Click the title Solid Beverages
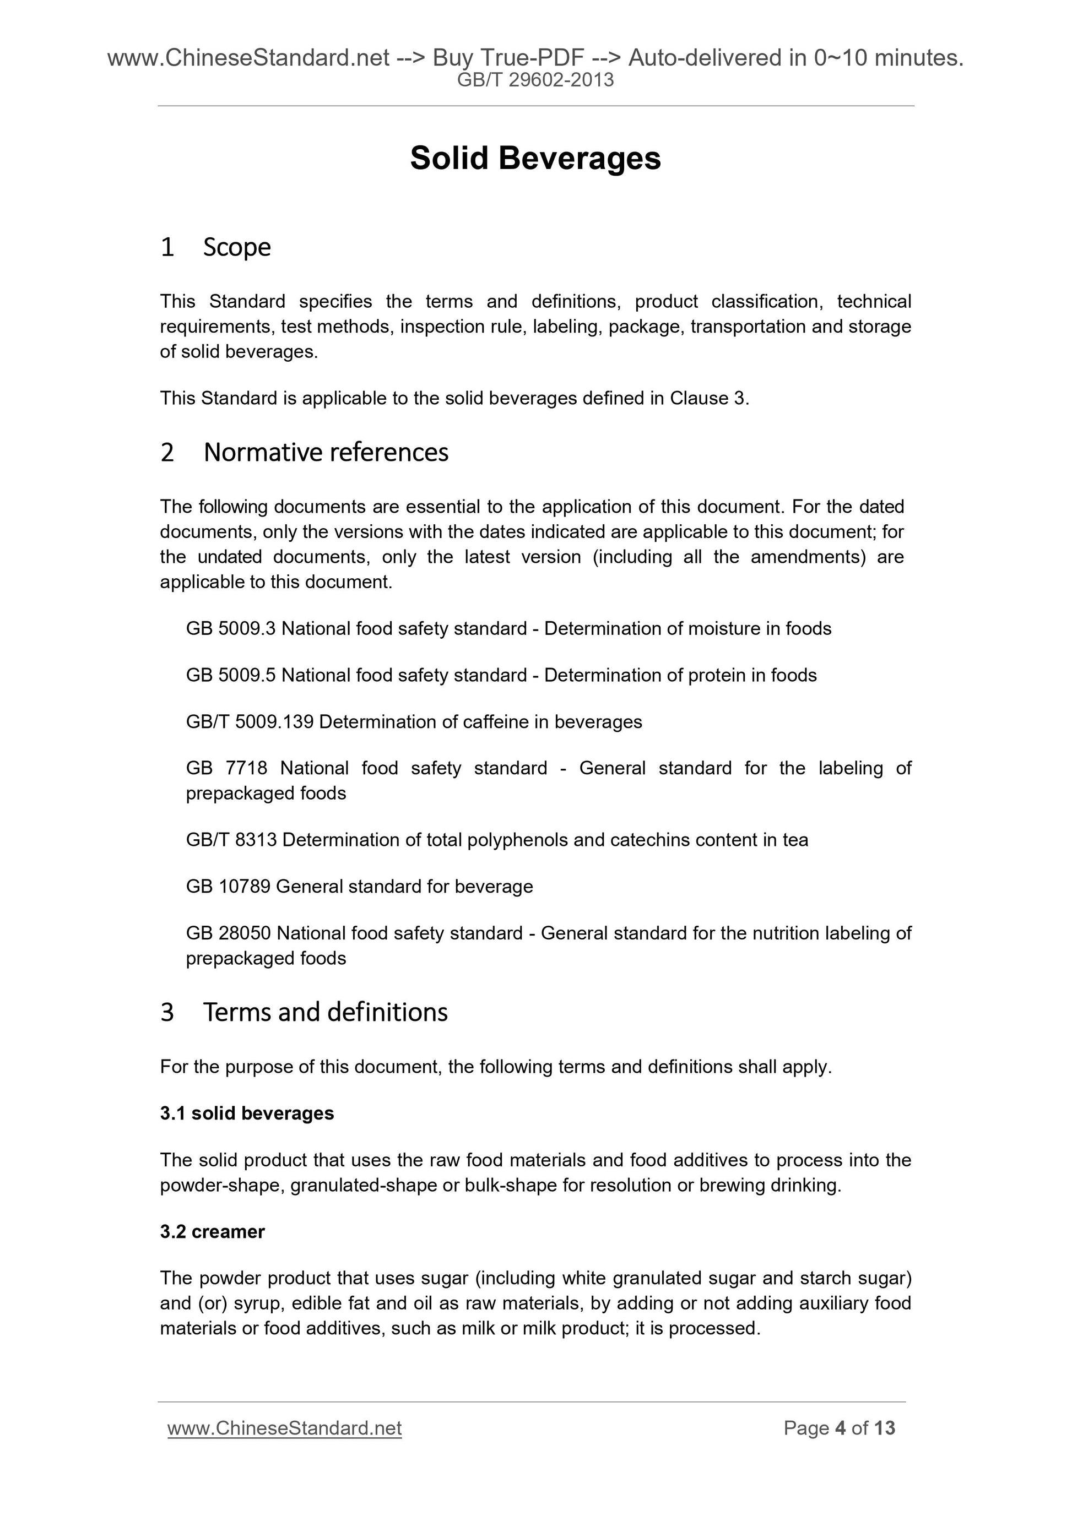pos(535,159)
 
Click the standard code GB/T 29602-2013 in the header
pos(535,80)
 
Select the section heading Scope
pos(236,248)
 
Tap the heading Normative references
pos(326,453)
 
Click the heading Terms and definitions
pos(325,1012)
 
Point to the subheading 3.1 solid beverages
pos(247,1113)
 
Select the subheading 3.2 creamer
pos(212,1231)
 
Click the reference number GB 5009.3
pos(230,628)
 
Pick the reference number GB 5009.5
pos(230,676)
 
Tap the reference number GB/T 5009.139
pos(250,722)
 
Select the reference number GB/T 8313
pos(231,840)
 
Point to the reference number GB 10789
pos(228,886)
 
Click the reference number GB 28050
pos(229,933)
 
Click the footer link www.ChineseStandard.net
pos(285,1428)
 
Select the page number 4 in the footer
pos(840,1428)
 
